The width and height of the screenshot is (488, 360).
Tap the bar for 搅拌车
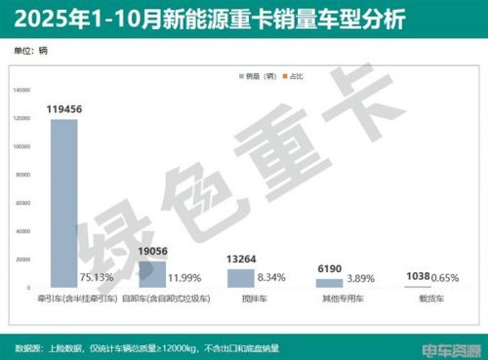(x=240, y=278)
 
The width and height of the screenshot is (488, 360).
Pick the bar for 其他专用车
(x=329, y=283)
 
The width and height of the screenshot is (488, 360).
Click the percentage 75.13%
(x=98, y=278)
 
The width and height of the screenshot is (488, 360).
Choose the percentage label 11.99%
(x=186, y=278)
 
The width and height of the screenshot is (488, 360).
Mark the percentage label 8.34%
(x=274, y=278)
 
